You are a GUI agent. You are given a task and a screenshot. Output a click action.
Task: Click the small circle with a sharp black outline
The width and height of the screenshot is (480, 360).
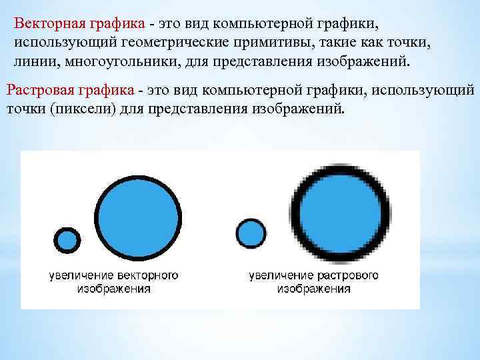coord(67,240)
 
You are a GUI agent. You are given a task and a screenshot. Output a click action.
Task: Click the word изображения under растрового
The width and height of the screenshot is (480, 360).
coord(314,289)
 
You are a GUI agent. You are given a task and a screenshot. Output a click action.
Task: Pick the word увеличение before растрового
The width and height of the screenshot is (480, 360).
coord(280,275)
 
